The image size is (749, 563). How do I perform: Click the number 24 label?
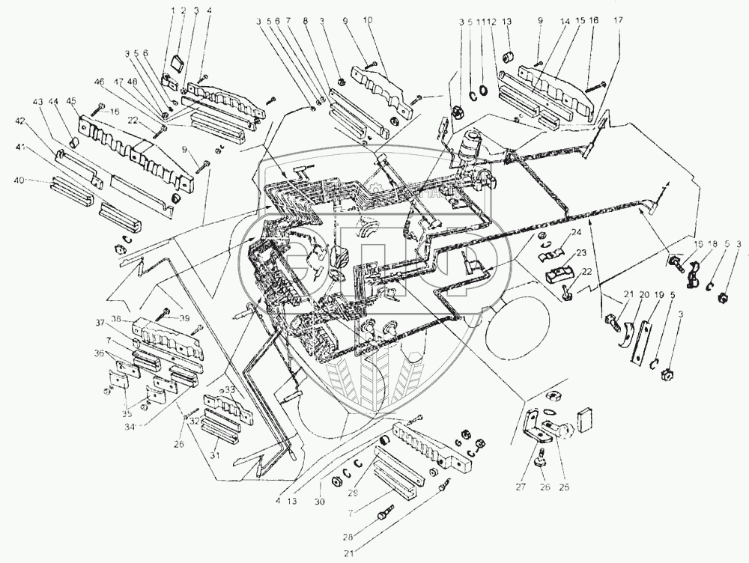click(577, 233)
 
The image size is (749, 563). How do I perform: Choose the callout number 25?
click(565, 487)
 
